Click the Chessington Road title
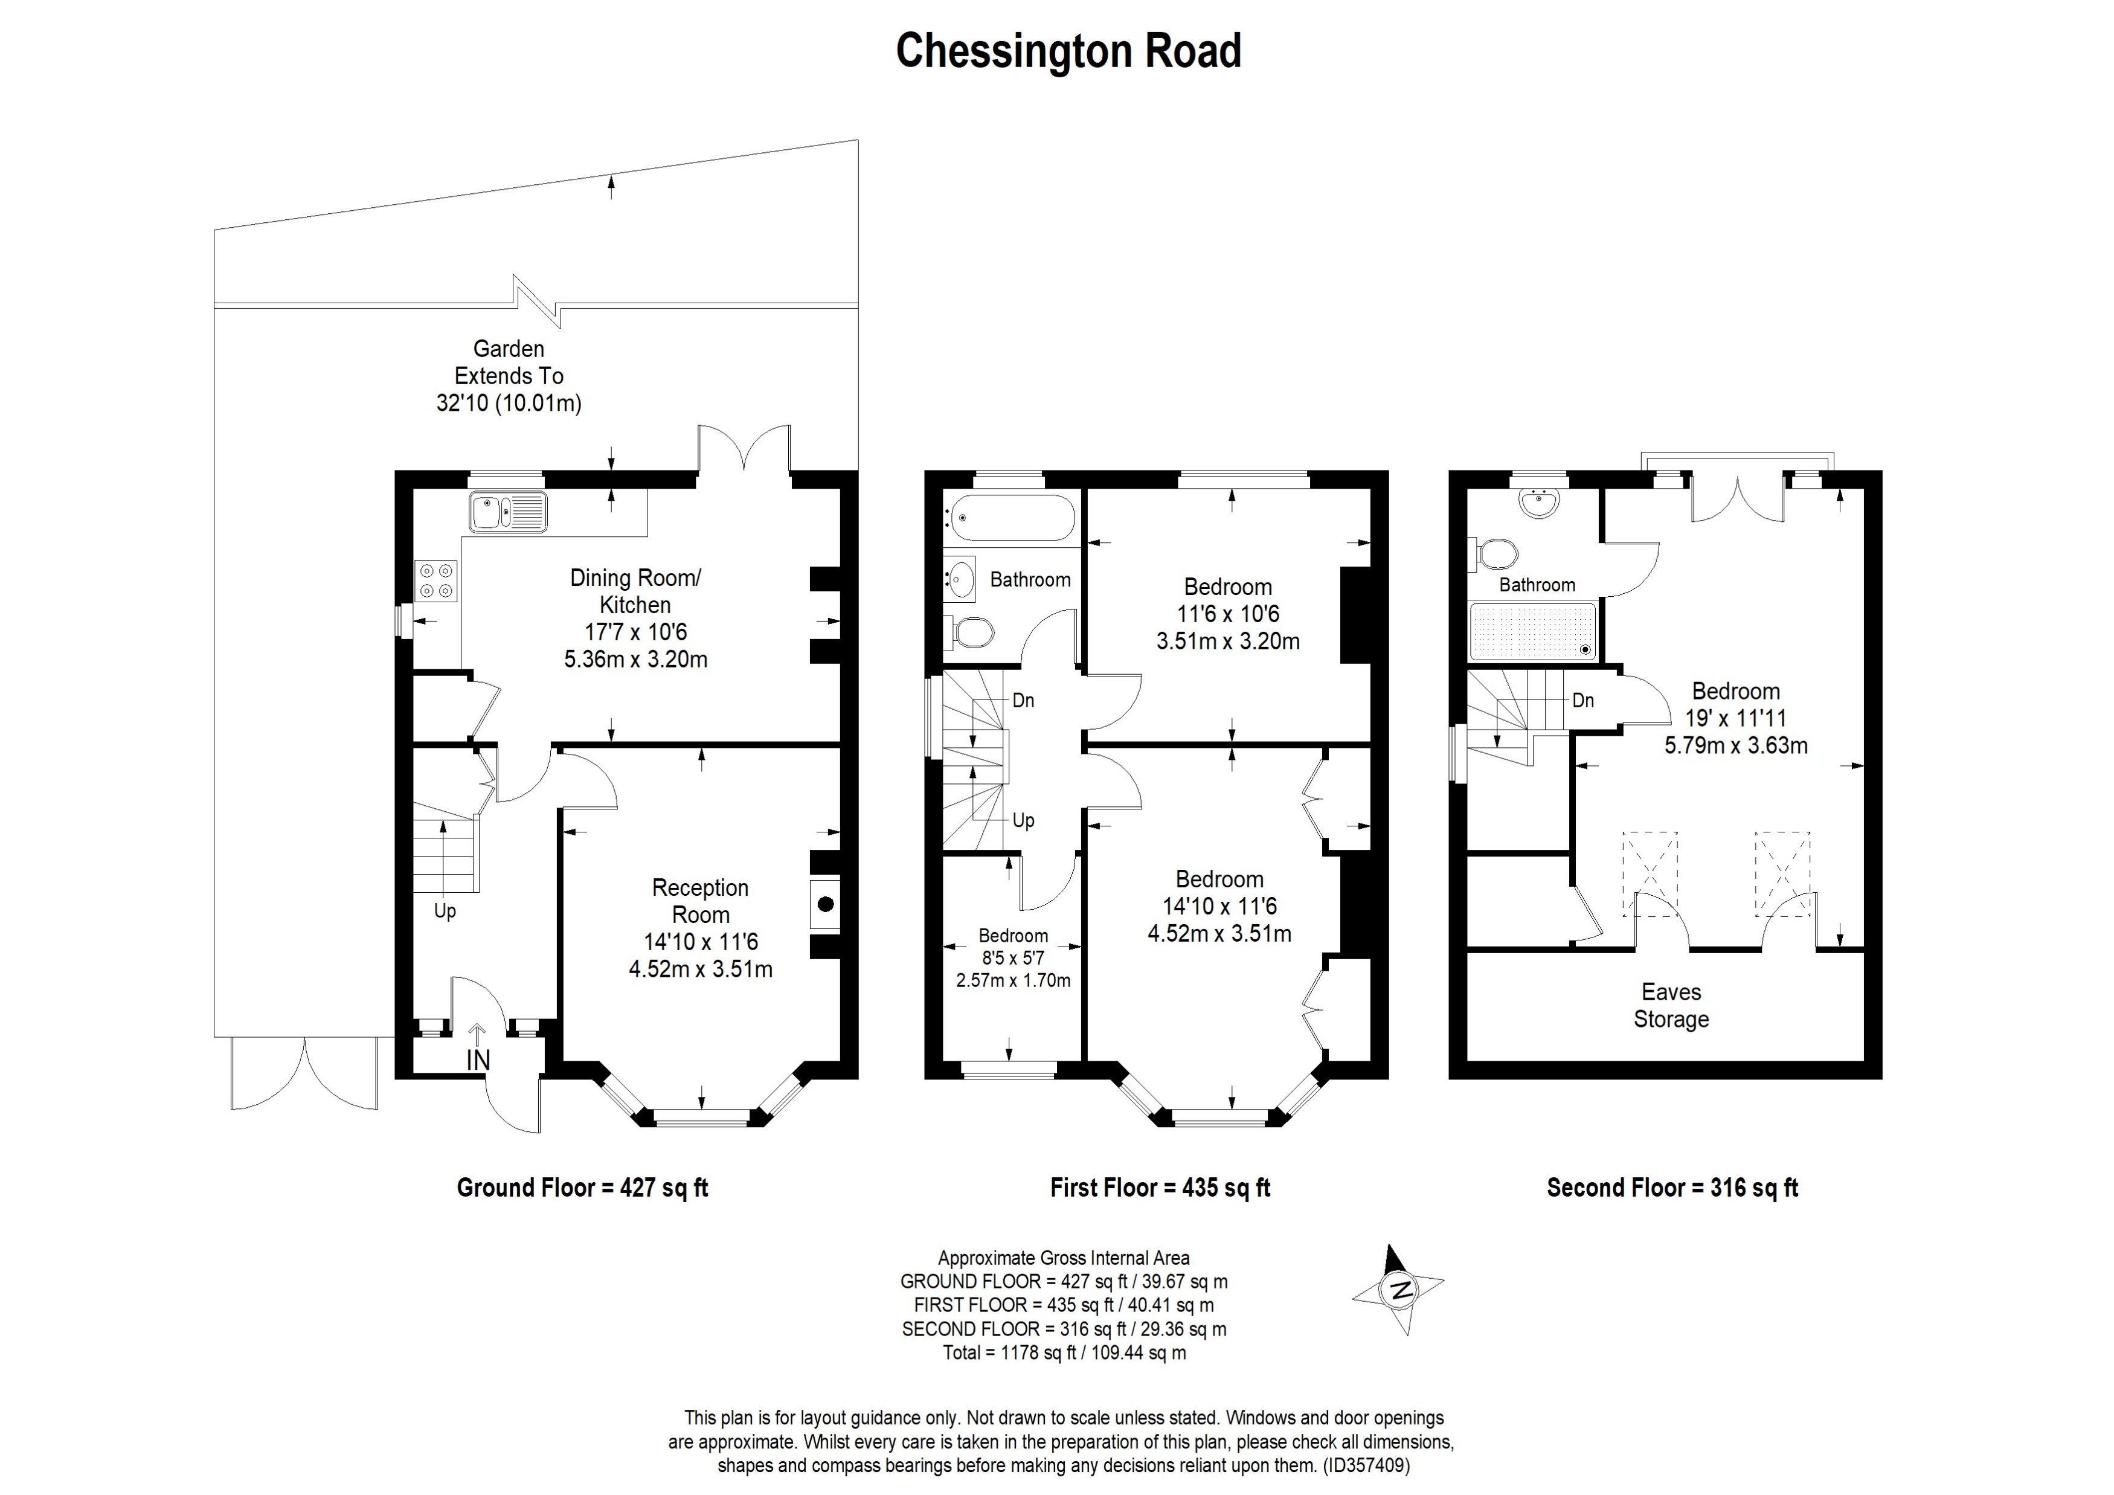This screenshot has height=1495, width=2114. click(x=1068, y=51)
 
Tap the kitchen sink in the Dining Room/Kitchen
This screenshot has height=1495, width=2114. click(x=507, y=512)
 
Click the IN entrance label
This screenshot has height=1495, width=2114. click(x=478, y=1061)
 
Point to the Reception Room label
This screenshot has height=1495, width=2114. click(x=700, y=901)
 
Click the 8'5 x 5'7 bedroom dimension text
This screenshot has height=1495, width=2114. click(x=1013, y=958)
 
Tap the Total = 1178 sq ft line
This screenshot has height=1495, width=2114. click(x=1064, y=1353)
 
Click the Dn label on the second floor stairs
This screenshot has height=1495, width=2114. click(x=1582, y=701)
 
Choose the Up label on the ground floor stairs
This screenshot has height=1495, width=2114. click(x=445, y=911)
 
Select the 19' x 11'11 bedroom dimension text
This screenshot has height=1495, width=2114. click(x=1735, y=719)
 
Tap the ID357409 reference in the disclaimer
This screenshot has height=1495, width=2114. click(x=1366, y=1465)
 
